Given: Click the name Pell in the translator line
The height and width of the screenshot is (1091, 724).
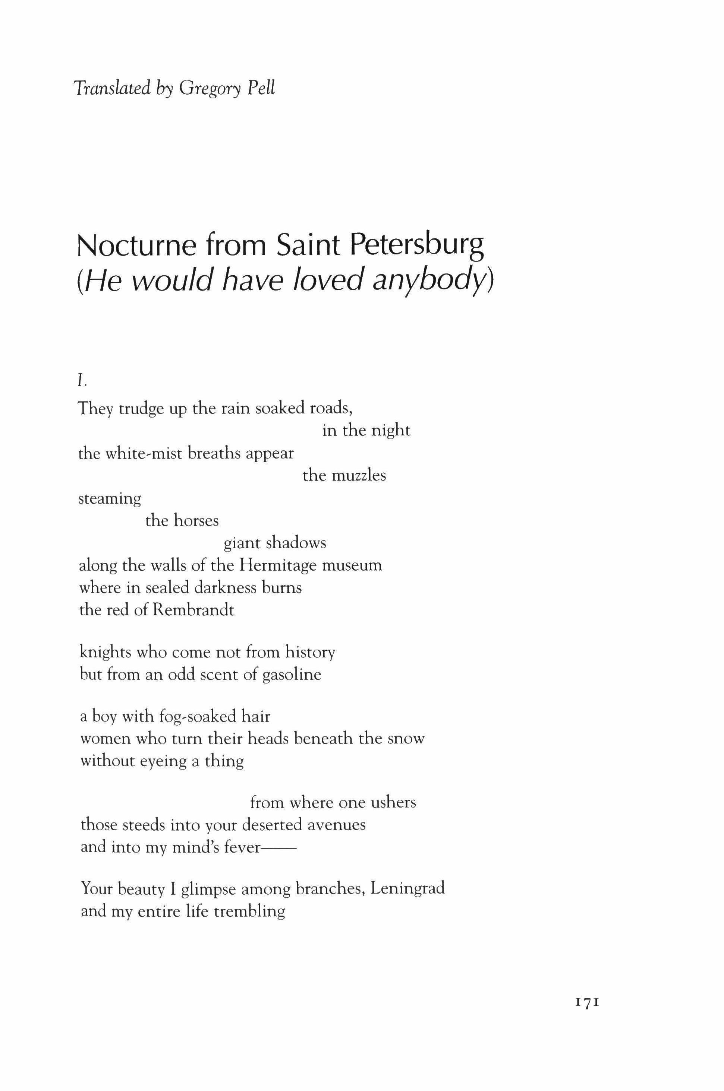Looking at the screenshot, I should [261, 88].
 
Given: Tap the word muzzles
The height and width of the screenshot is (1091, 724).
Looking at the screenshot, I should [358, 475].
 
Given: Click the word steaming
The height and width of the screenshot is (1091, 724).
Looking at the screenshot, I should [110, 499].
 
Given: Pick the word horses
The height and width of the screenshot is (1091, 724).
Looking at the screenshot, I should [196, 520].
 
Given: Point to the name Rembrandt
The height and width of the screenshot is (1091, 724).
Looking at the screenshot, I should [193, 610].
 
